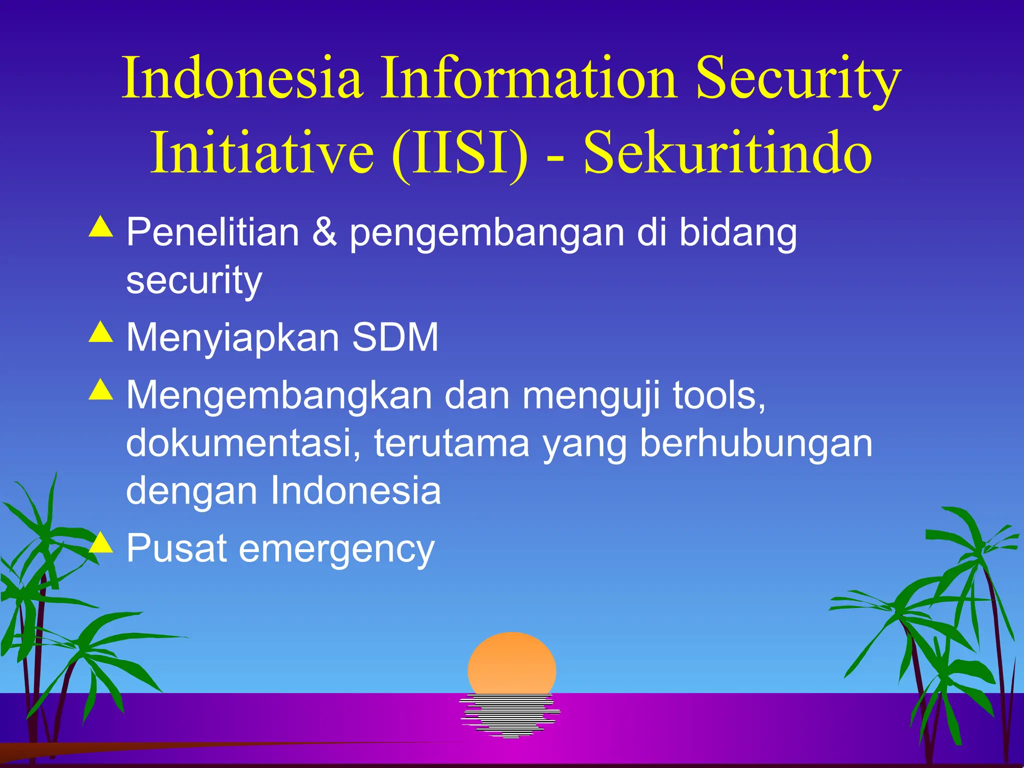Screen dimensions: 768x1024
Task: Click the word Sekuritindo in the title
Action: pyautogui.click(x=728, y=152)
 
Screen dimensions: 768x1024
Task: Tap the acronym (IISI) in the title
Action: pyautogui.click(x=460, y=152)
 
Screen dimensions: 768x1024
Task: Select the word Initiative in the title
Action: pyautogui.click(x=262, y=152)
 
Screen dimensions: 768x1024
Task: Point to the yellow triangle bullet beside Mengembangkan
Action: pyautogui.click(x=101, y=389)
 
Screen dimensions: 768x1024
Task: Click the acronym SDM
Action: pyautogui.click(x=395, y=337)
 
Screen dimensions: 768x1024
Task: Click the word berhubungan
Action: pyautogui.click(x=755, y=443)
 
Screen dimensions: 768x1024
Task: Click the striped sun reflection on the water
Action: pyautogui.click(x=510, y=715)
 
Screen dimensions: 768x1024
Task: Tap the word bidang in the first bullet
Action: pyautogui.click(x=737, y=234)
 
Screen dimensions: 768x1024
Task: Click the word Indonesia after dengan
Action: pyautogui.click(x=355, y=490)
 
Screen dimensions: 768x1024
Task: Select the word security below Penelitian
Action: pyautogui.click(x=194, y=281)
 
